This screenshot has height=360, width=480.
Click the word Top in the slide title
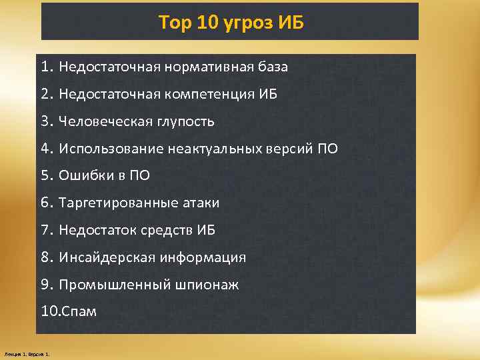tap(174, 24)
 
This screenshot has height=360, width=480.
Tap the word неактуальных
tap(203, 149)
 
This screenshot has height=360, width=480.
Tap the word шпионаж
tap(207, 285)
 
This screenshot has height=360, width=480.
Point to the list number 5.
tap(45, 176)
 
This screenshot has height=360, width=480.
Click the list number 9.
tap(45, 285)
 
